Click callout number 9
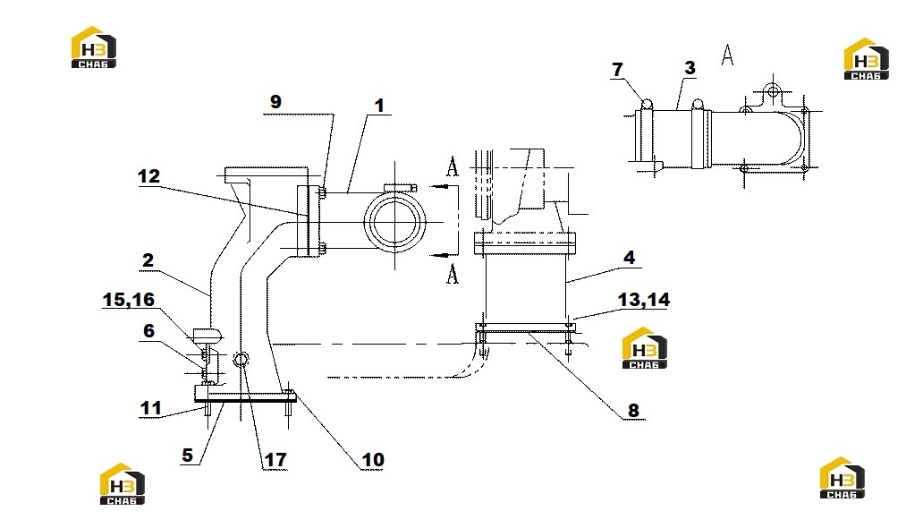(x=275, y=101)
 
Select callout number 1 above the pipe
(x=379, y=106)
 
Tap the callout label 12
(x=148, y=176)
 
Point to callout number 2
(x=148, y=260)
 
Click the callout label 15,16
(x=128, y=300)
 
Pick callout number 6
(x=149, y=330)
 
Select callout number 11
(x=150, y=408)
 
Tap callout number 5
(x=187, y=455)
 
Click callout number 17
(x=275, y=460)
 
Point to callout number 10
(x=373, y=460)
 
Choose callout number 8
(x=633, y=410)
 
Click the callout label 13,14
(x=643, y=300)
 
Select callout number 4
(x=630, y=258)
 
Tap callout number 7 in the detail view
(x=617, y=70)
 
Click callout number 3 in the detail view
(x=690, y=68)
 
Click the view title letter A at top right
(x=728, y=55)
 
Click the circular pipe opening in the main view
(x=394, y=222)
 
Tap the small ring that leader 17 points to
(x=241, y=359)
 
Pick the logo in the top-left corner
(x=94, y=47)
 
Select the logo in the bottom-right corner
(x=843, y=478)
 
